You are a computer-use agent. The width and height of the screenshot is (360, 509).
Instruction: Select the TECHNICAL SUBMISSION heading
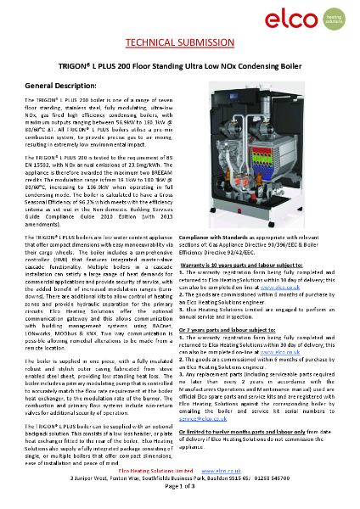180,42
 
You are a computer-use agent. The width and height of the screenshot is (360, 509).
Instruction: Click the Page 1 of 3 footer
179,498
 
